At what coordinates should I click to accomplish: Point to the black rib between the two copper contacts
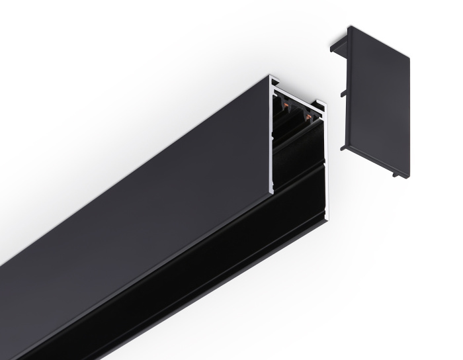click(296, 111)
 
